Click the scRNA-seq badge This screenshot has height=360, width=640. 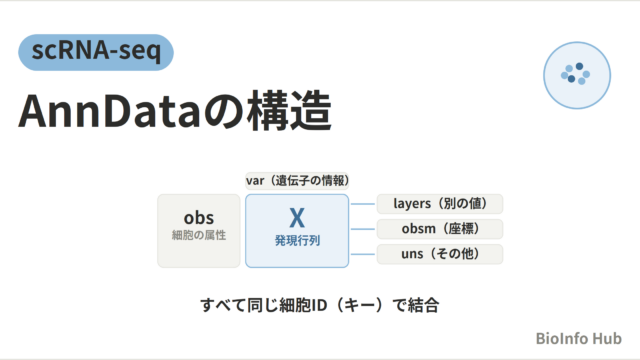[96, 52]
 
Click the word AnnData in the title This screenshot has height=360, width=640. [110, 111]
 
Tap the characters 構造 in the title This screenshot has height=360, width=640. [289, 111]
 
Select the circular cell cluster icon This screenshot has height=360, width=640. [577, 75]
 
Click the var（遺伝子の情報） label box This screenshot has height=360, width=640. [297, 180]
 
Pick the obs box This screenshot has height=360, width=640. [199, 231]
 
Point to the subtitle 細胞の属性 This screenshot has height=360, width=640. [199, 236]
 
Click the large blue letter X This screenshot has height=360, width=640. [297, 218]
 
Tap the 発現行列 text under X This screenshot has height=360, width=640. [297, 240]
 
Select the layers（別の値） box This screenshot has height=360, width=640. [440, 204]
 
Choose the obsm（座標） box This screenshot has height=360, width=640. [440, 229]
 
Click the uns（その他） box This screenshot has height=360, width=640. [440, 254]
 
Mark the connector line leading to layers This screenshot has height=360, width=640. [363, 204]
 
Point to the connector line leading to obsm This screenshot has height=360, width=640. [363, 229]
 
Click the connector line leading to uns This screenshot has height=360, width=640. [363, 254]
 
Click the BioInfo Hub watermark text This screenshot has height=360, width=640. [579, 338]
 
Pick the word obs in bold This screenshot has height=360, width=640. [199, 218]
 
